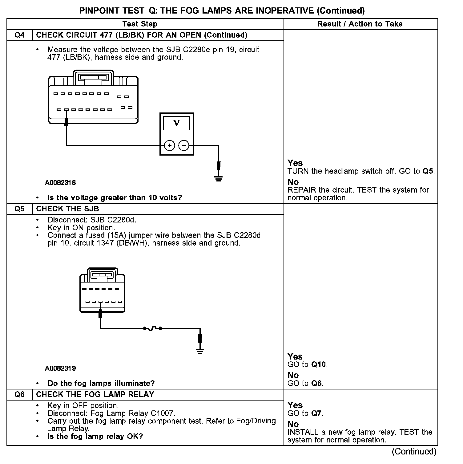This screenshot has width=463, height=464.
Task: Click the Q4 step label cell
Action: (19, 35)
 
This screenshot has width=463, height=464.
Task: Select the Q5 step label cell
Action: (19, 209)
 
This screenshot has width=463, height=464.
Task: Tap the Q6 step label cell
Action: (19, 395)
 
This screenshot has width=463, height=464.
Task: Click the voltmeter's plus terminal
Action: (169, 145)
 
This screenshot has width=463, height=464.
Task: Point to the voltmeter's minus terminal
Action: (184, 145)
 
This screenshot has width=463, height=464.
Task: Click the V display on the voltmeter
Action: (176, 123)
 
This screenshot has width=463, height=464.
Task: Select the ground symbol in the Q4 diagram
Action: (219, 178)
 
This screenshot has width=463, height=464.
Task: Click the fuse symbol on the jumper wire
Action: (153, 329)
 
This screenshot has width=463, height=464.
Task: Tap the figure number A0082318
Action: (60, 183)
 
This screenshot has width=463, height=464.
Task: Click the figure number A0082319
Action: (60, 368)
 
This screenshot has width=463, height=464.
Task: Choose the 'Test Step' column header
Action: (140, 24)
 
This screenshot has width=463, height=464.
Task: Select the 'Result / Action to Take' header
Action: (360, 24)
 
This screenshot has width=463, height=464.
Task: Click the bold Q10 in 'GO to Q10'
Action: (319, 365)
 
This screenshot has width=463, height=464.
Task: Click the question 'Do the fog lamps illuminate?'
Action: (101, 384)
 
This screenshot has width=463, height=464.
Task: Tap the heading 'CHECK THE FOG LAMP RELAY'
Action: (95, 395)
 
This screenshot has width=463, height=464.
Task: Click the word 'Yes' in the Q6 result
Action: (295, 405)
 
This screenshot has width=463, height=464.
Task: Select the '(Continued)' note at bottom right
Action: (414, 452)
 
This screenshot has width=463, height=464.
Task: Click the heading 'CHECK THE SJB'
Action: (67, 209)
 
